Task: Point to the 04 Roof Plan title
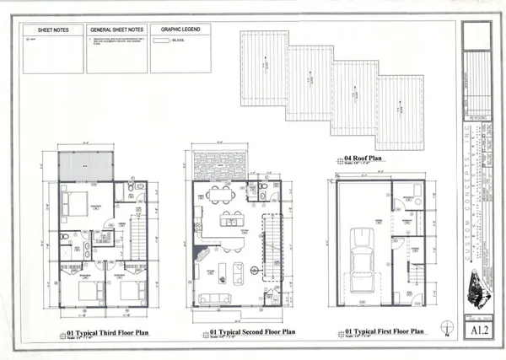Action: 361,158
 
